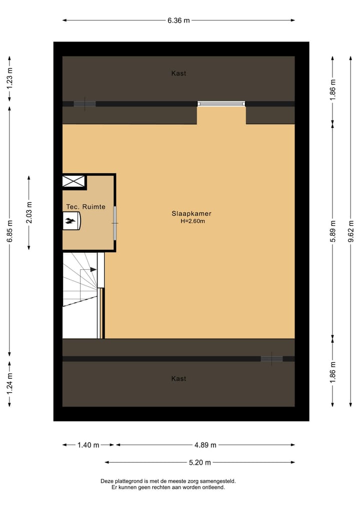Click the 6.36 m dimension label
178,20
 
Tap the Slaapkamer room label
192,214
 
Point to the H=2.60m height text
192,221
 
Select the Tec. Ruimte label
85,207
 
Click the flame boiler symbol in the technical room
71,220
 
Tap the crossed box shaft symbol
73,182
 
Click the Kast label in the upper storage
178,73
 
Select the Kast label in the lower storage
178,379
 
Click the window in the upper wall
221,104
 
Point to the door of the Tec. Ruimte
114,222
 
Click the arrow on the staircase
92,270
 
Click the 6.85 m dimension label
9,232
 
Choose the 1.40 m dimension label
88,445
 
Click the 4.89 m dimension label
205,445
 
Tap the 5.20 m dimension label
199,463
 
